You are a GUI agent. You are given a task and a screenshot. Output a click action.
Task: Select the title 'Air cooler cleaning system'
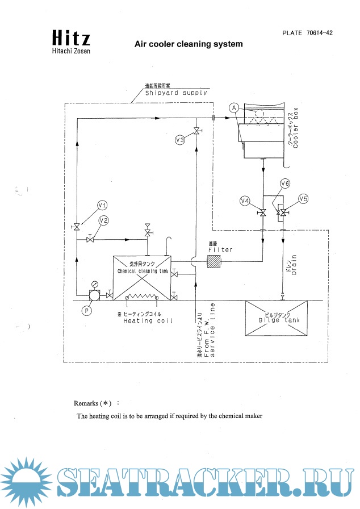(188, 44)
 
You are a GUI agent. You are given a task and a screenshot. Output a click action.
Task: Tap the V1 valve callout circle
(103, 205)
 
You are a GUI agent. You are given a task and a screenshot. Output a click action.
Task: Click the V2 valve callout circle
(103, 220)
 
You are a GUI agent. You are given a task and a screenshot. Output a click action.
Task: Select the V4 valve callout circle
(245, 201)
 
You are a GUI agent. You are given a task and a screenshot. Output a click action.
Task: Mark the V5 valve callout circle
(303, 199)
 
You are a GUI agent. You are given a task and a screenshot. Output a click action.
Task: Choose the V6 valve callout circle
(285, 183)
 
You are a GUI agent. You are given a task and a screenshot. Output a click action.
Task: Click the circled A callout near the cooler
(233, 107)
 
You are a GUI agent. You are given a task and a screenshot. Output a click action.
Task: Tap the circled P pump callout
(87, 310)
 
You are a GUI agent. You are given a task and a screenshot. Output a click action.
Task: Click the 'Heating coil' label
(148, 321)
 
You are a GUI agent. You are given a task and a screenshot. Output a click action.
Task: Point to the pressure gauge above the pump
(94, 284)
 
